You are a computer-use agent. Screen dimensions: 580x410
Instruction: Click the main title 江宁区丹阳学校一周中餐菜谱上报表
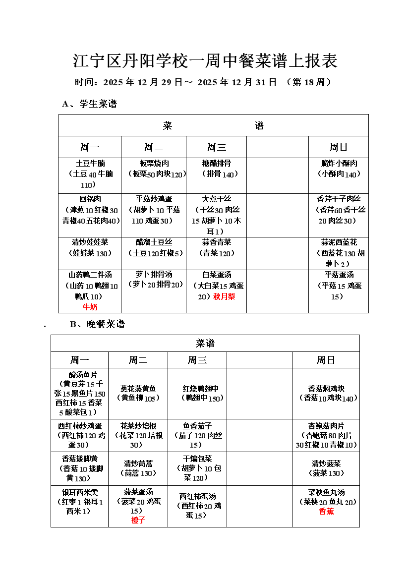[205, 61]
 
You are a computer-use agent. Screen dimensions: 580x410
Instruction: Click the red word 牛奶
[90, 307]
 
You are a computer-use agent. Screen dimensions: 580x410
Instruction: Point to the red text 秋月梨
[224, 296]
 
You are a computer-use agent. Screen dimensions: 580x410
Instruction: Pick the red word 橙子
[138, 520]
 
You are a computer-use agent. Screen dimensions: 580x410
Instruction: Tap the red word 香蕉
[326, 511]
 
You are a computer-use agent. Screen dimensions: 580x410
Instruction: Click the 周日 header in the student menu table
[338, 147]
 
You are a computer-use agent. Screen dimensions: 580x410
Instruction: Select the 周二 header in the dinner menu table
[138, 360]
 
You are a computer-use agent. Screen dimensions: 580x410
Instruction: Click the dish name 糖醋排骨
[216, 163]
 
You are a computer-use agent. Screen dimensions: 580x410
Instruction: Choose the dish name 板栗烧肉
[154, 163]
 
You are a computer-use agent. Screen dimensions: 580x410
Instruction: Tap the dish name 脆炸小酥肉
[339, 163]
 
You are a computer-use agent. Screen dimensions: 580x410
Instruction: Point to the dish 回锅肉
[90, 199]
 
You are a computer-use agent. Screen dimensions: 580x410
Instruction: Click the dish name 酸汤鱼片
[80, 374]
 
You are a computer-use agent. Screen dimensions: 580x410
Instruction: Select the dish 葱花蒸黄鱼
[138, 389]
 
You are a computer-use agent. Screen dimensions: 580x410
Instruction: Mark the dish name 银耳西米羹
[79, 492]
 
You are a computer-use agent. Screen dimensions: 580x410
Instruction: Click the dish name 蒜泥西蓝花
[339, 242]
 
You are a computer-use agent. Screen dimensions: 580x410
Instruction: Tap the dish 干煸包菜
[197, 459]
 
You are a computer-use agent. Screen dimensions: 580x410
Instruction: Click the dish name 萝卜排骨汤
[154, 274]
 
